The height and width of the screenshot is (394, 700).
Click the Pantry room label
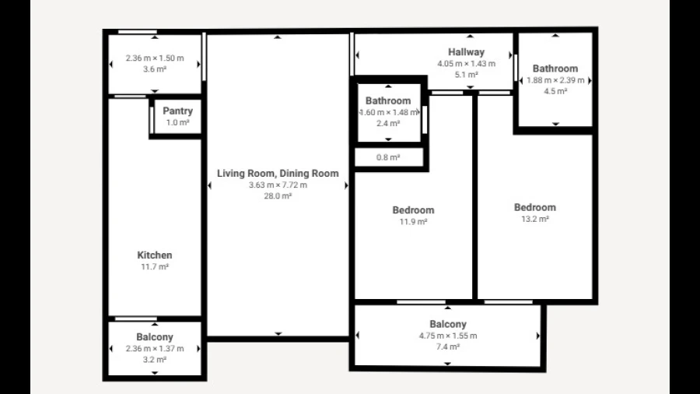[x=177, y=111]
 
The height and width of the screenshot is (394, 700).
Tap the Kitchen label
[x=155, y=255]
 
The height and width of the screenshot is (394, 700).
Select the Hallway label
[x=466, y=52]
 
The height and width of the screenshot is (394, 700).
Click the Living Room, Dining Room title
[x=278, y=174]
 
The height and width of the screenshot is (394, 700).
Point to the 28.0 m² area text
[x=278, y=195]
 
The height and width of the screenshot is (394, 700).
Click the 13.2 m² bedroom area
[x=535, y=219]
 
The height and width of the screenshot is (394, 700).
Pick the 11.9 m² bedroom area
[x=413, y=222]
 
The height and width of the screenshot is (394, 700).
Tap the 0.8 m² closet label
[x=388, y=157]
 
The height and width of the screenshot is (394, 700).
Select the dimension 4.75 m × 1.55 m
[x=448, y=336]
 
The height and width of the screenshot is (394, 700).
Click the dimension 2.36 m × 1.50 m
[x=155, y=58]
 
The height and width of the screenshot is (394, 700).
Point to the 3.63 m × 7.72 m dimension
[x=278, y=185]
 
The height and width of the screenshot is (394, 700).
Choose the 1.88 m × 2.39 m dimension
[x=555, y=80]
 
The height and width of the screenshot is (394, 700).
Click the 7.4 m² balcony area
[x=448, y=347]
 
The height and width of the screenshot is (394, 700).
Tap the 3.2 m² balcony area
[x=155, y=360]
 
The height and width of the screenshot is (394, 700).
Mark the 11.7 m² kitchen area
[x=155, y=266]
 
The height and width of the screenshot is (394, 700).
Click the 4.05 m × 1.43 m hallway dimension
[x=466, y=63]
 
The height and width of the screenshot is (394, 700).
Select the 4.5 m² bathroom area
[x=555, y=91]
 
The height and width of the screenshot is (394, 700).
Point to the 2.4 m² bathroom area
[x=388, y=123]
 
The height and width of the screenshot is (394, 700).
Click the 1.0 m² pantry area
[x=177, y=122]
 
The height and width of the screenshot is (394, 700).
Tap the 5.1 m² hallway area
[x=466, y=75]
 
